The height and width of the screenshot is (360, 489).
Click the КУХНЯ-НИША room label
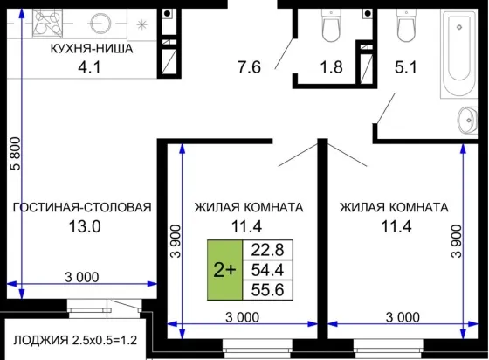click(92, 49)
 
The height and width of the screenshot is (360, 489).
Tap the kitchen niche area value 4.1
click(89, 67)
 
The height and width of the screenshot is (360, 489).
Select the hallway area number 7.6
click(249, 67)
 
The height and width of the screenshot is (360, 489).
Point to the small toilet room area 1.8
click(332, 67)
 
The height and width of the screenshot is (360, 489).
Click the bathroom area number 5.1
click(406, 67)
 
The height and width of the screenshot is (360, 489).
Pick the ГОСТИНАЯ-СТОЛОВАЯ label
click(82, 207)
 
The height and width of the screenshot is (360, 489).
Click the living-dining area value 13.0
click(85, 226)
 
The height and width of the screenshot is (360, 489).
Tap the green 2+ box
click(225, 270)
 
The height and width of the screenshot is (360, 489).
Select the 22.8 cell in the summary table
click(267, 250)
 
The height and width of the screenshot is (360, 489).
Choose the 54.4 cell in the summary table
click(267, 270)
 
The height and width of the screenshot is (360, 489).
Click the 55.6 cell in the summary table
click(267, 290)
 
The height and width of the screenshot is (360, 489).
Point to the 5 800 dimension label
click(15, 154)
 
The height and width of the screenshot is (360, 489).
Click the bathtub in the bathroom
click(458, 53)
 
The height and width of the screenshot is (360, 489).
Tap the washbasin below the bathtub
click(467, 119)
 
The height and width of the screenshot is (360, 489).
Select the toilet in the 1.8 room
click(331, 26)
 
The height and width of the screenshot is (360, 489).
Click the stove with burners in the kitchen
click(47, 24)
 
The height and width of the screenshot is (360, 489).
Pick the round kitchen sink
click(100, 24)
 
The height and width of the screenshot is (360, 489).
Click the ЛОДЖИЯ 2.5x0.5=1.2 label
click(75, 341)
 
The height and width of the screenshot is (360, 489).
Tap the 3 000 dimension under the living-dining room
click(82, 277)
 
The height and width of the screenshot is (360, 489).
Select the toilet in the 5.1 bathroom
click(406, 26)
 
